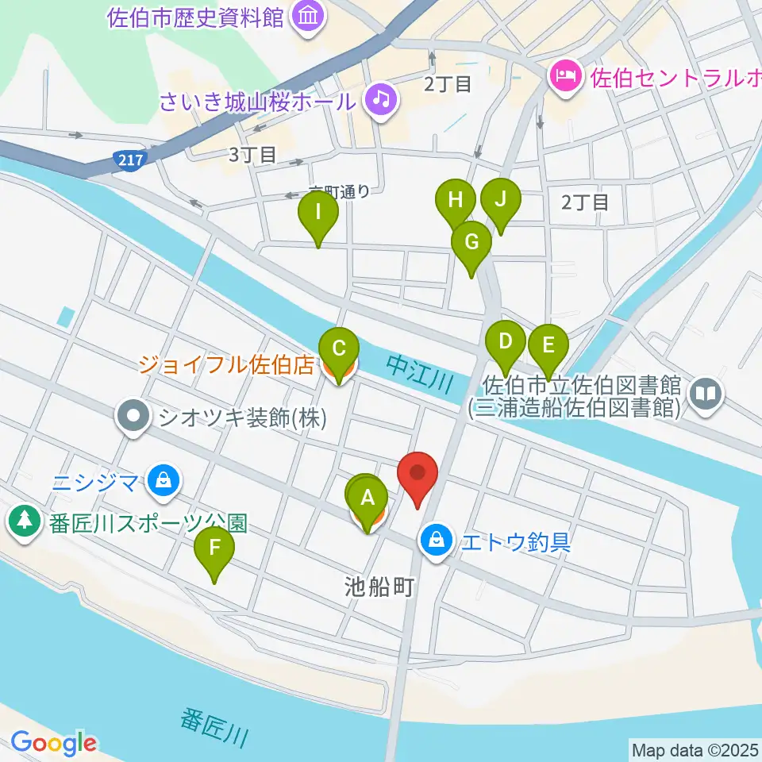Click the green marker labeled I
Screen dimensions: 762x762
pyautogui.click(x=318, y=213)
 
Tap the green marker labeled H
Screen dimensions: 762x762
pyautogui.click(x=456, y=200)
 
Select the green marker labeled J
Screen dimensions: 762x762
pyautogui.click(x=500, y=200)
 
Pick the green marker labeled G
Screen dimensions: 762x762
pyautogui.click(x=471, y=242)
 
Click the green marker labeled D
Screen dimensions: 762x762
pyautogui.click(x=506, y=344)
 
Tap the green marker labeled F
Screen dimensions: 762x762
pyautogui.click(x=214, y=548)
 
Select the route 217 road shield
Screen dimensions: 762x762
pyautogui.click(x=129, y=160)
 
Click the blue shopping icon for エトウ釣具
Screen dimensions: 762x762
pyautogui.click(x=436, y=542)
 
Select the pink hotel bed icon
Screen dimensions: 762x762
pyautogui.click(x=564, y=78)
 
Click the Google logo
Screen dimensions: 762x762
pyautogui.click(x=53, y=744)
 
